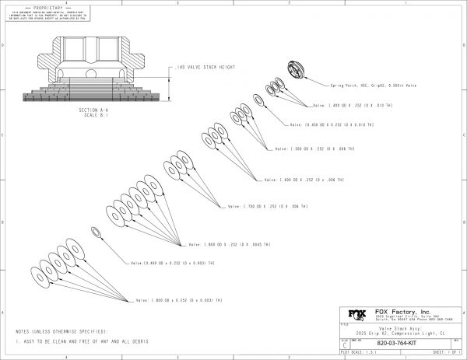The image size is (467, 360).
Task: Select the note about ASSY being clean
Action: click(x=83, y=341)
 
